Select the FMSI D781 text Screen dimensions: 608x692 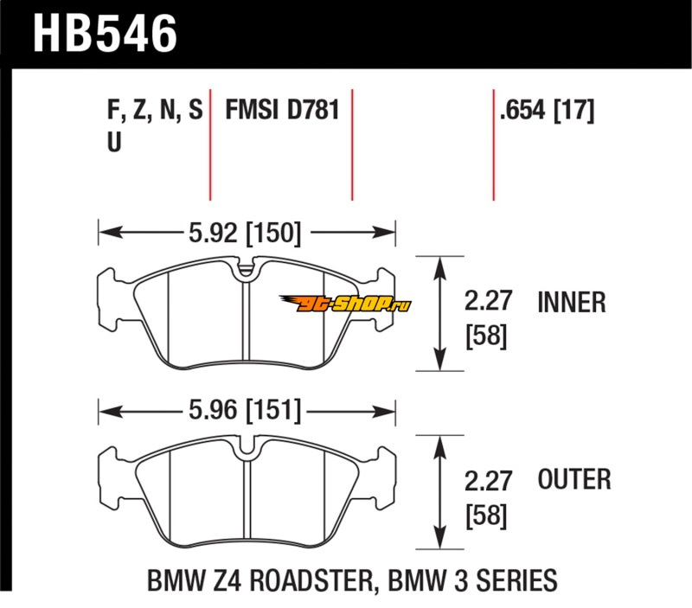pos(281,111)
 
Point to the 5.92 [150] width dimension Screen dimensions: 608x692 pos(243,232)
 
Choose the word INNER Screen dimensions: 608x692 pos(571,302)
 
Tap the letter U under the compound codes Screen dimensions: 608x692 pos(112,144)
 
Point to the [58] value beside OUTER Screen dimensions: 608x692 pos(484,516)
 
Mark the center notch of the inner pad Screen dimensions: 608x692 pos(247,270)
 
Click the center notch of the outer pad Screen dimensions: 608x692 pos(247,448)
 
